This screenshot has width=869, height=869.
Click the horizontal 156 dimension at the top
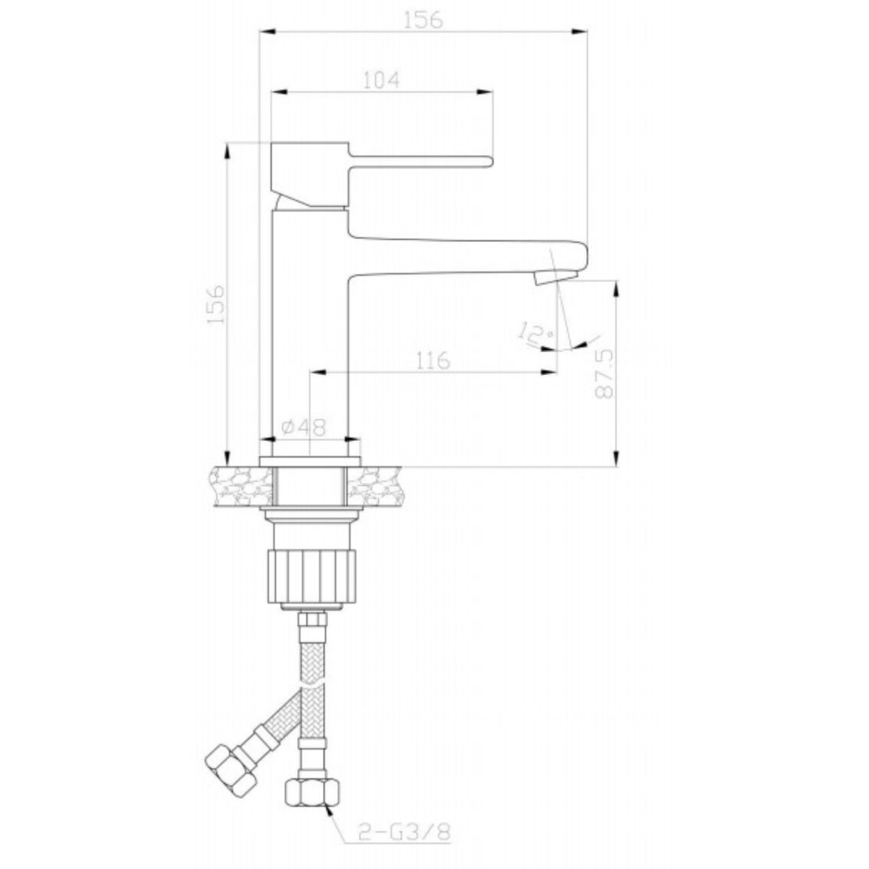point(424,20)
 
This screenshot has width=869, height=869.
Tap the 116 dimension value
point(433,361)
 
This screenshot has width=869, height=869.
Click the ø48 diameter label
point(303,427)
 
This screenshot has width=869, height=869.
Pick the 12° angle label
point(537,333)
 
